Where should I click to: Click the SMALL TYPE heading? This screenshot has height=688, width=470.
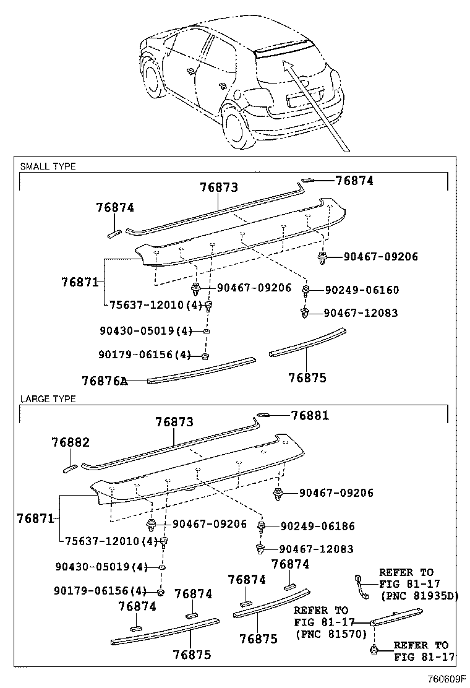pos(48,166)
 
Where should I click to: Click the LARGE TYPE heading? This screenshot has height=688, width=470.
pos(48,399)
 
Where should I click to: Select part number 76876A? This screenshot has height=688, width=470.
pos(105,380)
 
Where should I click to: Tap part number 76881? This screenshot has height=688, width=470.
pos(310,416)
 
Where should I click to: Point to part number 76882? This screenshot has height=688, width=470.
pos(70,442)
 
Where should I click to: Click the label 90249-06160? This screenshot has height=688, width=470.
pos(362,290)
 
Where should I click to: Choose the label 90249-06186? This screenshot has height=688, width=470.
pos(318,526)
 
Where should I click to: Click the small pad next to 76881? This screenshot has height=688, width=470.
pos(263,415)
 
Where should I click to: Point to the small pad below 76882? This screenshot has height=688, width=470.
pos(70,467)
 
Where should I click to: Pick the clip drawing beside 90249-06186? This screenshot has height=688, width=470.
pos(262,527)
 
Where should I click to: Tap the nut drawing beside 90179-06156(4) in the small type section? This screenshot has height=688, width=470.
pos(205,356)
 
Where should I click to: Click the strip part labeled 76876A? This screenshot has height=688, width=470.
pos(201,369)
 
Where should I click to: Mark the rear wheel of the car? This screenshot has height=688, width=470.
pos(236,129)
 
